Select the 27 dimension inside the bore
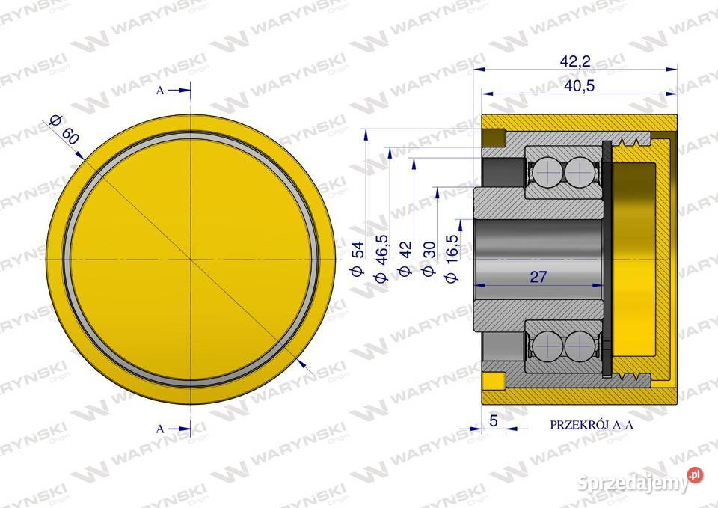[x=538, y=277]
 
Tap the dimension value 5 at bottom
[x=493, y=421]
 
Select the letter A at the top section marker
[x=161, y=91]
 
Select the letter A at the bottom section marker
[x=161, y=429]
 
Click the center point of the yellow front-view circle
[x=192, y=259]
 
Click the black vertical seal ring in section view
[x=607, y=258]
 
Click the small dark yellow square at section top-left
[x=494, y=138]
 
